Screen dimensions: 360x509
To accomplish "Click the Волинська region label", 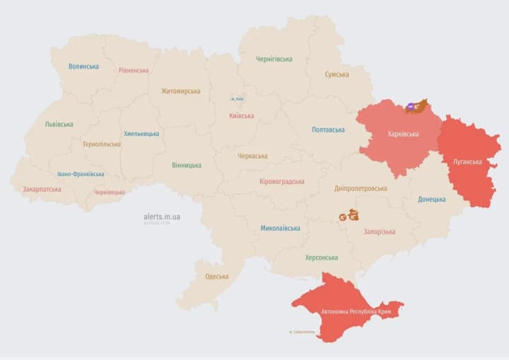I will (x=83, y=66).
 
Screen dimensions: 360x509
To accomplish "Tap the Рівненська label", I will (x=134, y=70).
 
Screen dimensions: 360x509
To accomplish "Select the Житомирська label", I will (x=180, y=91).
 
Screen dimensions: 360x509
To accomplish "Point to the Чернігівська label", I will (x=275, y=59).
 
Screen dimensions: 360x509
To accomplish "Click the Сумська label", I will (x=337, y=74).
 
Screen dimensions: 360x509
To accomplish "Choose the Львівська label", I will (x=59, y=124).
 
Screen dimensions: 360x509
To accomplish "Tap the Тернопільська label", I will (x=101, y=144).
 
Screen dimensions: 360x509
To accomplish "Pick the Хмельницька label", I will (x=141, y=133).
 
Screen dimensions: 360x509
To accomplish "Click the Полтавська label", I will (x=328, y=129).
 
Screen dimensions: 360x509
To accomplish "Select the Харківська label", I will (x=403, y=134).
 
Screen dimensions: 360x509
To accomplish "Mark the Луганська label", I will (x=468, y=161).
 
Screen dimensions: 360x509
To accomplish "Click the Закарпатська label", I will (x=42, y=189).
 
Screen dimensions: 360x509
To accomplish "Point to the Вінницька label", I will (x=187, y=165).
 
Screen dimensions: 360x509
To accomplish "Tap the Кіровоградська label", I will (x=282, y=182).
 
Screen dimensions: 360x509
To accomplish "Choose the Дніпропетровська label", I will (x=361, y=188).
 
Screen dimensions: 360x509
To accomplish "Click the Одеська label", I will (x=216, y=276).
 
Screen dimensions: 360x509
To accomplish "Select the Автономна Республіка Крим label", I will (x=355, y=310).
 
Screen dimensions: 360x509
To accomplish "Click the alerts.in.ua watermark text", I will (x=162, y=216).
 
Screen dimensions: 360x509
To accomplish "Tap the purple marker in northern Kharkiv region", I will (x=411, y=108).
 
